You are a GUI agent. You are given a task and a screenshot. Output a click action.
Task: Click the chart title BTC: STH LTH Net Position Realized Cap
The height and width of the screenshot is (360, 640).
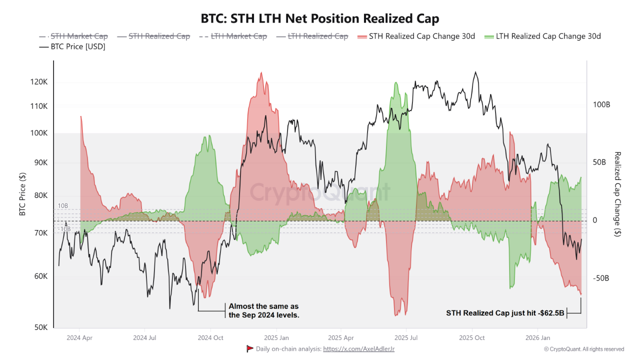pyautogui.click(x=320, y=19)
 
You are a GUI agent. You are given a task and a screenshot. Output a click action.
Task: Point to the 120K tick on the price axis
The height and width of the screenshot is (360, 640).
pyautogui.click(x=40, y=82)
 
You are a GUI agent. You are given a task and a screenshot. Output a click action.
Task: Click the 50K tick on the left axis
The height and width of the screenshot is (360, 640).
pyautogui.click(x=41, y=327)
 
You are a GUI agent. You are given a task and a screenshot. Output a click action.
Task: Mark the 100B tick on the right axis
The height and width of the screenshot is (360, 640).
pyautogui.click(x=601, y=105)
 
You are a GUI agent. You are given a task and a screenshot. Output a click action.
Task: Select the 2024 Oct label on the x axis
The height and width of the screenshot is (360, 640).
pyautogui.click(x=211, y=337)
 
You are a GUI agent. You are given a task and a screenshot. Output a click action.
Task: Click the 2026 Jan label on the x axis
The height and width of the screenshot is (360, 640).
pyautogui.click(x=537, y=337)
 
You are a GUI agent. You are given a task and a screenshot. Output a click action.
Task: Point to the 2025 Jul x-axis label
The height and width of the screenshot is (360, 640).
pyautogui.click(x=407, y=337)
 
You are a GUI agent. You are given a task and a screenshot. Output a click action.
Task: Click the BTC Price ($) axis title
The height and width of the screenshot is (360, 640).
pyautogui.click(x=22, y=194)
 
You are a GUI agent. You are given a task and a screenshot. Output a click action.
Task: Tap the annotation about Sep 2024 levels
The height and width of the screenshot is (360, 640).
pyautogui.click(x=263, y=310)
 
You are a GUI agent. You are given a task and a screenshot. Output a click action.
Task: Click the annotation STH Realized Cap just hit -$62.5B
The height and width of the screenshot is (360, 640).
pyautogui.click(x=505, y=313)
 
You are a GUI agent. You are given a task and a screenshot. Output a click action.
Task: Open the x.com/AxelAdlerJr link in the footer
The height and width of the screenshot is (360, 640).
pyautogui.click(x=358, y=349)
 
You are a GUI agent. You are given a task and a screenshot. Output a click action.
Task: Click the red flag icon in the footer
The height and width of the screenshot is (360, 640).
pyautogui.click(x=250, y=349)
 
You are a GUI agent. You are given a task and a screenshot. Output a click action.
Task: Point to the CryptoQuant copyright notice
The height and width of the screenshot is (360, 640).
pyautogui.click(x=584, y=349)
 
